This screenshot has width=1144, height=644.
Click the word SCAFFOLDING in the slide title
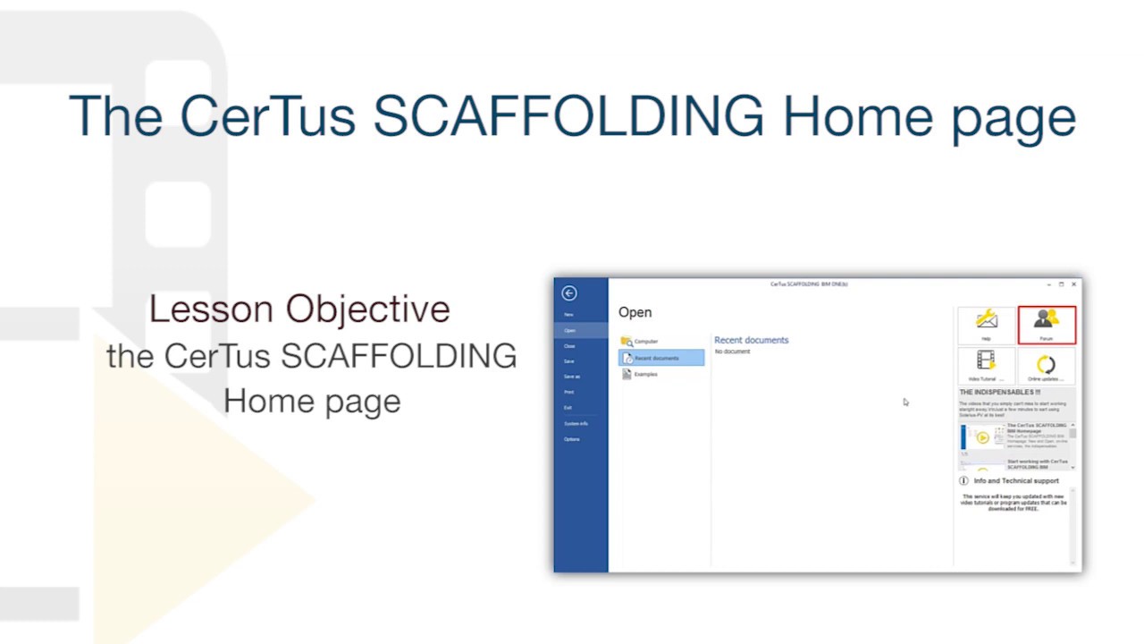point(568,116)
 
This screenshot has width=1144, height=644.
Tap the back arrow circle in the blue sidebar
point(569,293)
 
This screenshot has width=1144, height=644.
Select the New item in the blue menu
point(568,315)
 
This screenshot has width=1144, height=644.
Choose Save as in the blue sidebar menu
point(572,377)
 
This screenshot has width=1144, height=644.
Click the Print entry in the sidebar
point(569,392)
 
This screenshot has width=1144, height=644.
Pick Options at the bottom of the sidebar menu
point(572,439)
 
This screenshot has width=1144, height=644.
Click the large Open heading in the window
point(635,312)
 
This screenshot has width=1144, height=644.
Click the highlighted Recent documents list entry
point(661,358)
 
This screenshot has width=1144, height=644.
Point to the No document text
point(733,352)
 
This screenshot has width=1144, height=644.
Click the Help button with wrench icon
point(987,323)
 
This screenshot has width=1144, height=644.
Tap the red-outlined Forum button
point(1047,325)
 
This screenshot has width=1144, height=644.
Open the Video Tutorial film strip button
point(986,364)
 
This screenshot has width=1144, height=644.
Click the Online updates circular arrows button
point(1046,365)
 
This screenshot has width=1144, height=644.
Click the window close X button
point(1073,284)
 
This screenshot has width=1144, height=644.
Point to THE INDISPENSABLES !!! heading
point(999,392)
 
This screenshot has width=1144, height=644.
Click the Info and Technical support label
point(1016,480)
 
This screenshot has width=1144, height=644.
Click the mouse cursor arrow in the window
point(904,402)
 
